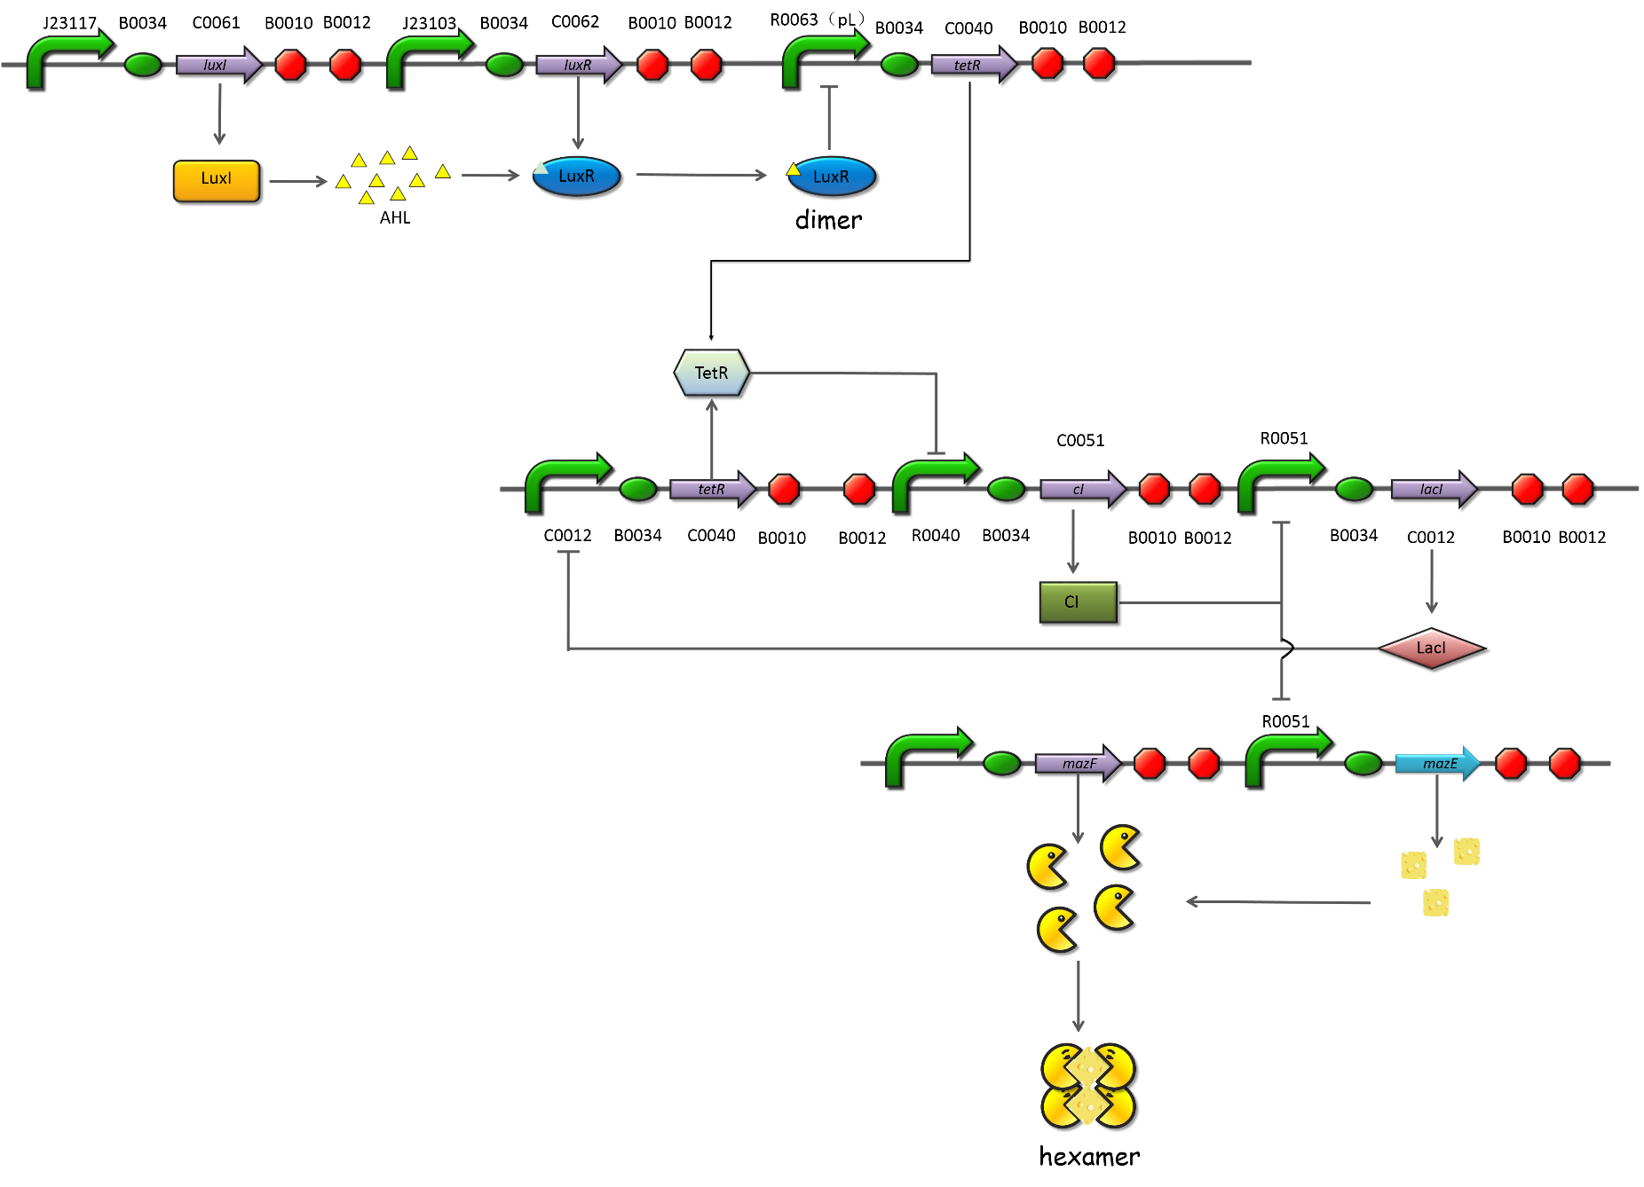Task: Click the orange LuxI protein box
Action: pyautogui.click(x=216, y=180)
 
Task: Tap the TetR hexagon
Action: pyautogui.click(x=711, y=373)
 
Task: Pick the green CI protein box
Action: pyautogui.click(x=1077, y=602)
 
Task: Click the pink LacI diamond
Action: pyautogui.click(x=1431, y=649)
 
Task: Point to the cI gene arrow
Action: pyautogui.click(x=1081, y=489)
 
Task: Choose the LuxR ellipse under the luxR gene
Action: pyautogui.click(x=576, y=177)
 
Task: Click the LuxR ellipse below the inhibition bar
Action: pyautogui.click(x=832, y=177)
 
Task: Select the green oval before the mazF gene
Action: pyautogui.click(x=1001, y=763)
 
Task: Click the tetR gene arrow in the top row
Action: pyautogui.click(x=972, y=65)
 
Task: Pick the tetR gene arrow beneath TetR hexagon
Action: pyautogui.click(x=712, y=489)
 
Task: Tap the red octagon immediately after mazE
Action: pyautogui.click(x=1510, y=763)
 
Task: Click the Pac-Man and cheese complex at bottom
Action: pyautogui.click(x=1087, y=1085)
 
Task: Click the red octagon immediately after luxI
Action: pyautogui.click(x=290, y=65)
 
